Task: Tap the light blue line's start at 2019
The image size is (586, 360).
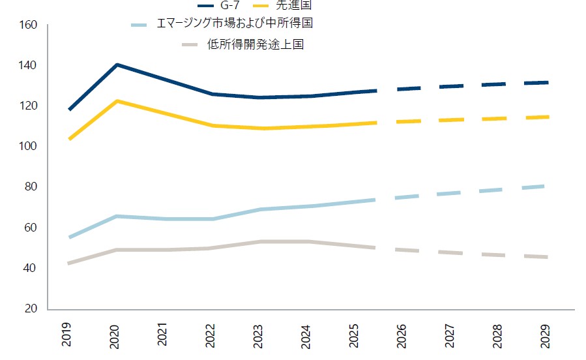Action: coord(69,237)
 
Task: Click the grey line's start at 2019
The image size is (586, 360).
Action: coord(69,263)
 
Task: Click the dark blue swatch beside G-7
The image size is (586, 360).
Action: coord(210,5)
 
